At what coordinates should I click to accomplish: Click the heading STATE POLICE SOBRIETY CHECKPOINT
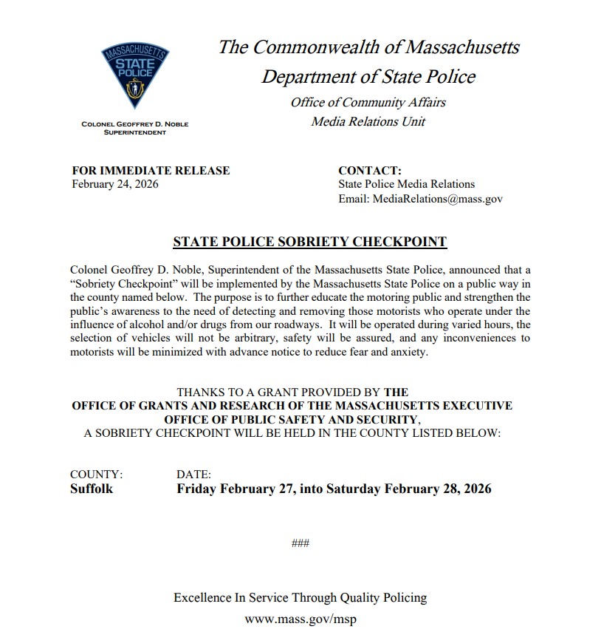(309, 242)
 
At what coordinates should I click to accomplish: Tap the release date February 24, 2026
(114, 184)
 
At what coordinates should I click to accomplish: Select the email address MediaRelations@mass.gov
(420, 199)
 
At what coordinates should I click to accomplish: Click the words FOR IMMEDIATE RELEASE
(151, 171)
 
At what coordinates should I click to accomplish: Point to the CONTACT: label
(369, 171)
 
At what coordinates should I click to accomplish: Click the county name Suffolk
(92, 489)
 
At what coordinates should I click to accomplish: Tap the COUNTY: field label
(96, 475)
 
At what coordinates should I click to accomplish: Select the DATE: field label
(193, 475)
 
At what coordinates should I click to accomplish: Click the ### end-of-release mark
(300, 544)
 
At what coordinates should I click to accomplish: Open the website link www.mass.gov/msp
(300, 619)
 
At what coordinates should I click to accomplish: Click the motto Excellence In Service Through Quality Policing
(300, 597)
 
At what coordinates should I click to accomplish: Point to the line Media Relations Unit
(368, 121)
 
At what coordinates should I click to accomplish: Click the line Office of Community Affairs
(368, 102)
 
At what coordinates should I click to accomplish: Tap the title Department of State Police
(368, 76)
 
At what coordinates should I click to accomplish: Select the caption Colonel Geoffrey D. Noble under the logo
(134, 124)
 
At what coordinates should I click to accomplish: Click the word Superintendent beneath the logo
(134, 132)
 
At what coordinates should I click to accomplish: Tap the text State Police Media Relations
(406, 184)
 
